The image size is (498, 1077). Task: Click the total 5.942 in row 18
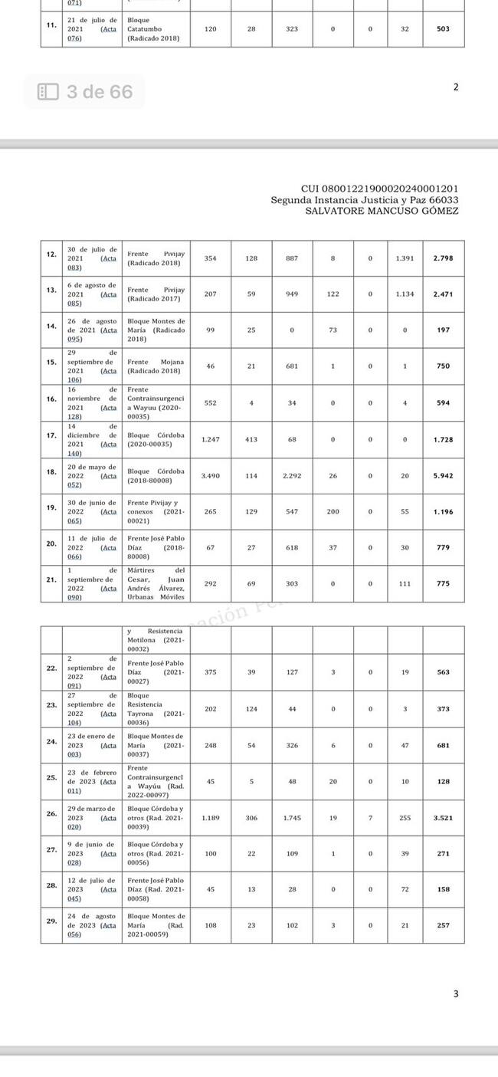click(x=443, y=476)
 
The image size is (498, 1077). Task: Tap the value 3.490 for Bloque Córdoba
click(x=210, y=476)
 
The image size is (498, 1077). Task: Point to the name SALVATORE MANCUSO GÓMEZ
click(x=382, y=211)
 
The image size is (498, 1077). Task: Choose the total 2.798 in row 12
click(x=443, y=258)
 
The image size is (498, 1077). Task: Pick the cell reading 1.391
click(x=405, y=258)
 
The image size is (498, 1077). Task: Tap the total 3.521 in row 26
click(x=443, y=818)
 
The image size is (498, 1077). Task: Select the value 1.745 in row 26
click(x=292, y=818)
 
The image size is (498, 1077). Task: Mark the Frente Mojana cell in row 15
click(x=156, y=366)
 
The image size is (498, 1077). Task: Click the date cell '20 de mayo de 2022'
click(x=92, y=471)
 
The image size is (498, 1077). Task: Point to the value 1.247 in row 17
click(x=210, y=440)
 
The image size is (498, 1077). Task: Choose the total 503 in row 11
click(x=443, y=29)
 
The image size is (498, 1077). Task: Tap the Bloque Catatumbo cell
click(x=156, y=29)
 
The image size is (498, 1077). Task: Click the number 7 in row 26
click(x=370, y=818)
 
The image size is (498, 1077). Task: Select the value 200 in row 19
click(x=333, y=511)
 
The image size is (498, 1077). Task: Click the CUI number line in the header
click(x=380, y=189)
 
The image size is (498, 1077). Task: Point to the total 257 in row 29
click(x=443, y=925)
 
